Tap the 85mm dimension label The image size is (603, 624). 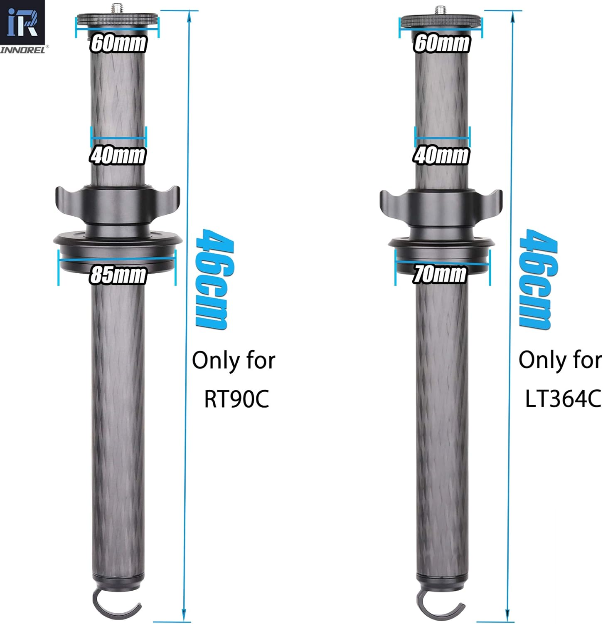(x=118, y=275)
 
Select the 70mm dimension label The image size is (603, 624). (x=440, y=274)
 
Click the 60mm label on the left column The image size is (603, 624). (x=118, y=43)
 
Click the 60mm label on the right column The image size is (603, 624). (x=442, y=43)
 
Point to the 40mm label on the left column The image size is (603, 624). (x=118, y=155)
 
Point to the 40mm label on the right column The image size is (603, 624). (x=441, y=155)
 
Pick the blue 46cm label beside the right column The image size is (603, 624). (x=538, y=280)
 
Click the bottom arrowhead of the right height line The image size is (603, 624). (x=508, y=616)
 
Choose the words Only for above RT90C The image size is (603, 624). (x=234, y=360)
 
